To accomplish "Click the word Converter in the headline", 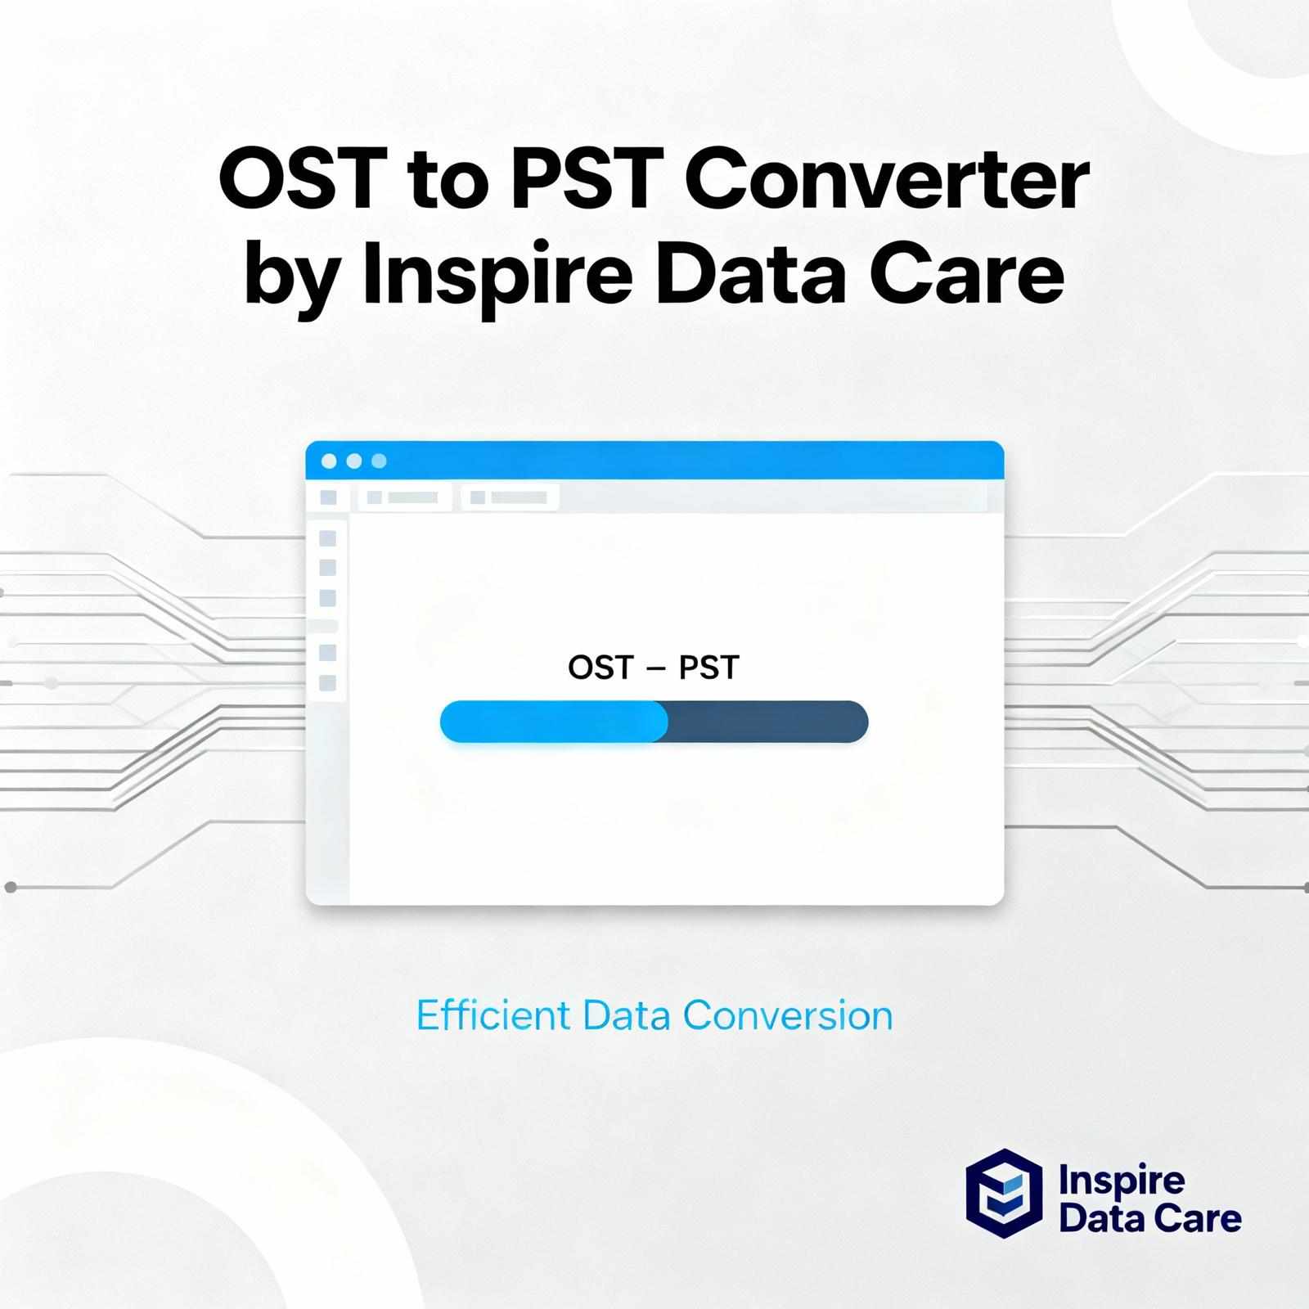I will [885, 182].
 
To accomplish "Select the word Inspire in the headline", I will [497, 274].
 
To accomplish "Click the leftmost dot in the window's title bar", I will [329, 461].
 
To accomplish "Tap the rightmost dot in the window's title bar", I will [379, 461].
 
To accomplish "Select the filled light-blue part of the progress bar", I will [553, 722].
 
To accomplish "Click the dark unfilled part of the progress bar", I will [767, 722].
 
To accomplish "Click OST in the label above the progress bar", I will [601, 668].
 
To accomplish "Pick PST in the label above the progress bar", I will [708, 668].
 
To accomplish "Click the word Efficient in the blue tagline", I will [493, 1015].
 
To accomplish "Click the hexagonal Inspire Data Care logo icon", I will [1004, 1193].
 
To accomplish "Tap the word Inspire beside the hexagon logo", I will [1121, 1181].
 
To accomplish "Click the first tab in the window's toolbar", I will [404, 497].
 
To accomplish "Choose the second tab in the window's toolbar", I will [510, 497].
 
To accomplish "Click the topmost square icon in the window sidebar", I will [327, 538].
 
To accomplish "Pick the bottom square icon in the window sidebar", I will [327, 682].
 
